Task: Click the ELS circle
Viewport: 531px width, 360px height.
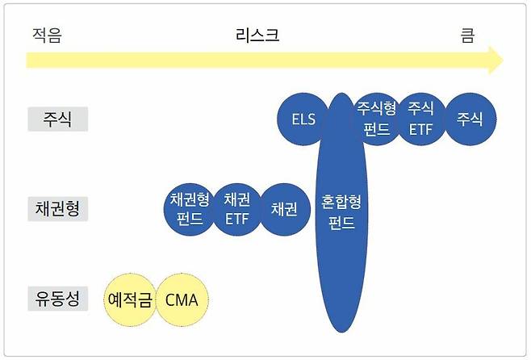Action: (303, 119)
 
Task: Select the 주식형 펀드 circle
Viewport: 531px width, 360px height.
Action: (377, 119)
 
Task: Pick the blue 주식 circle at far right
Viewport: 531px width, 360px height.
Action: (470, 119)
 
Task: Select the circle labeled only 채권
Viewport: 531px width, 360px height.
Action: (284, 209)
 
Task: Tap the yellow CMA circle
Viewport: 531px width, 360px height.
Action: (182, 300)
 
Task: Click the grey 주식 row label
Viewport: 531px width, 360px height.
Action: (57, 119)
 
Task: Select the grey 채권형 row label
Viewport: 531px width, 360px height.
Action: (57, 209)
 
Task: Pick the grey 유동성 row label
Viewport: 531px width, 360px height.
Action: (57, 299)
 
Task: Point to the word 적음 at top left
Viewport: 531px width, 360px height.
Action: (46, 36)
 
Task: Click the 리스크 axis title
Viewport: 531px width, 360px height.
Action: (257, 36)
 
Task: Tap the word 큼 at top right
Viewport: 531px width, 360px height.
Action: (467, 36)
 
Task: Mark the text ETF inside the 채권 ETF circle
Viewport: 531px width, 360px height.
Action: (237, 219)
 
